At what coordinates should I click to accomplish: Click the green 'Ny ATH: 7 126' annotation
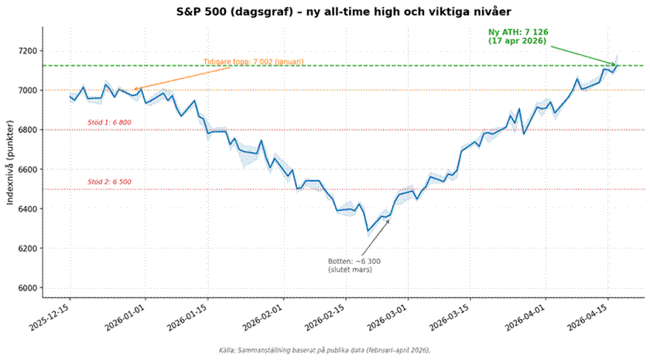516,36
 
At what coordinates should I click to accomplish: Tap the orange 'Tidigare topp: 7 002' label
253,62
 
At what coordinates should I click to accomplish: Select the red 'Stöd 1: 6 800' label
109,123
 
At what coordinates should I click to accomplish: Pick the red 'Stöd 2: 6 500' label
109,182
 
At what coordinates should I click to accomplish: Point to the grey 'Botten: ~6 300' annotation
354,265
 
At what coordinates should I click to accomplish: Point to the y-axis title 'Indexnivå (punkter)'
10,163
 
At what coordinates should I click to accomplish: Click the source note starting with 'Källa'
325,350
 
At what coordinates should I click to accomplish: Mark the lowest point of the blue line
368,231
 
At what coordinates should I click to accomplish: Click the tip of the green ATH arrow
617,65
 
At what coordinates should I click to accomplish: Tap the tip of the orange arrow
134,90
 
